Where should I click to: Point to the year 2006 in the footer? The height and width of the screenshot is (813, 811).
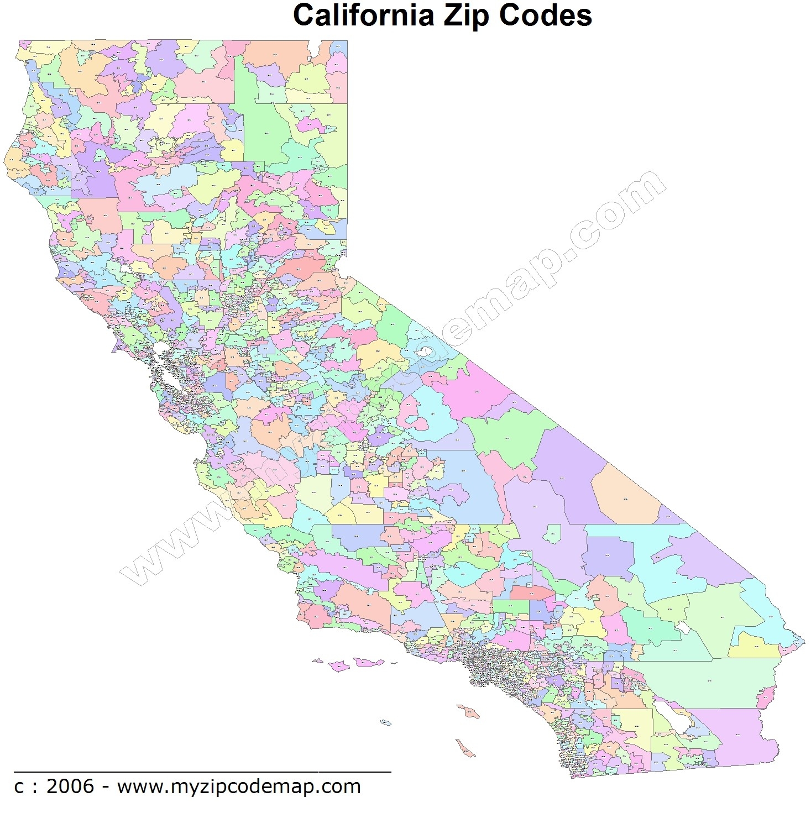[x=70, y=786]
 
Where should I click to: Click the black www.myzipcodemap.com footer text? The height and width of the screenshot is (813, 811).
[x=238, y=786]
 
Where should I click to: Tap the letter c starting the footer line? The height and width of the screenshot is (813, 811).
[x=19, y=787]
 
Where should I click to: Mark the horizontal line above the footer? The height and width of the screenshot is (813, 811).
[x=202, y=770]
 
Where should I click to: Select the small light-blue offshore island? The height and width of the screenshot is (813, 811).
[x=386, y=722]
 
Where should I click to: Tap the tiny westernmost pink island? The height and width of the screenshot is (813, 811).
[x=317, y=660]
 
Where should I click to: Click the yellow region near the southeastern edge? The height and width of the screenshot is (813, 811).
[x=754, y=645]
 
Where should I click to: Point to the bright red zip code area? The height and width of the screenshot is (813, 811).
[x=531, y=593]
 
